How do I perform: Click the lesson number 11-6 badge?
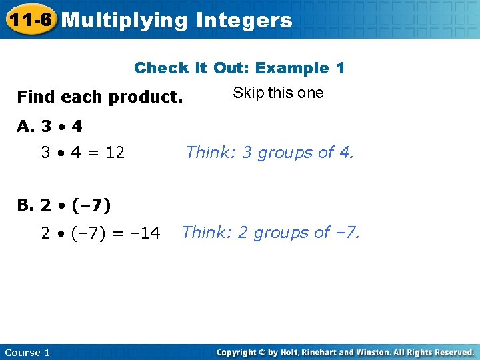(30, 19)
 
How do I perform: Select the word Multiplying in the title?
(125, 21)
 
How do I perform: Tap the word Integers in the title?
(244, 21)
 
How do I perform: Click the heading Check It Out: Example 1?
(239, 68)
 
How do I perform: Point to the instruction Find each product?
(99, 97)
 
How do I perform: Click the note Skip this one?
(278, 93)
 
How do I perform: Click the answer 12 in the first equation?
(115, 153)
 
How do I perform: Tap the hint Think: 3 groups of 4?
(269, 153)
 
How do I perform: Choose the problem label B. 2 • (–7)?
(64, 205)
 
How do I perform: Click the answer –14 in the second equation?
(146, 233)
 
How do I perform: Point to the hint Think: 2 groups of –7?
(271, 233)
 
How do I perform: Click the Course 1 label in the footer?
(27, 353)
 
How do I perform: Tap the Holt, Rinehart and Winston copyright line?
(345, 352)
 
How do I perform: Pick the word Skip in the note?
(246, 93)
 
